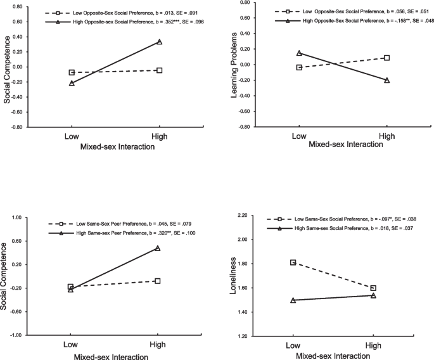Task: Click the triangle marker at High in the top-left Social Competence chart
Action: [x=159, y=42]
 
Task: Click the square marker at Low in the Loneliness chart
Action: [x=292, y=262]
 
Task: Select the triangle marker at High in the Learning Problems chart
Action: [x=386, y=80]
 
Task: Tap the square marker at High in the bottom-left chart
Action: [x=157, y=281]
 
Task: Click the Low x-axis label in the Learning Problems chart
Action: [x=298, y=136]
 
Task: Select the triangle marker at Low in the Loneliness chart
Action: [x=293, y=300]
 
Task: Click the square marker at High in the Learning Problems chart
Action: [x=386, y=58]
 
